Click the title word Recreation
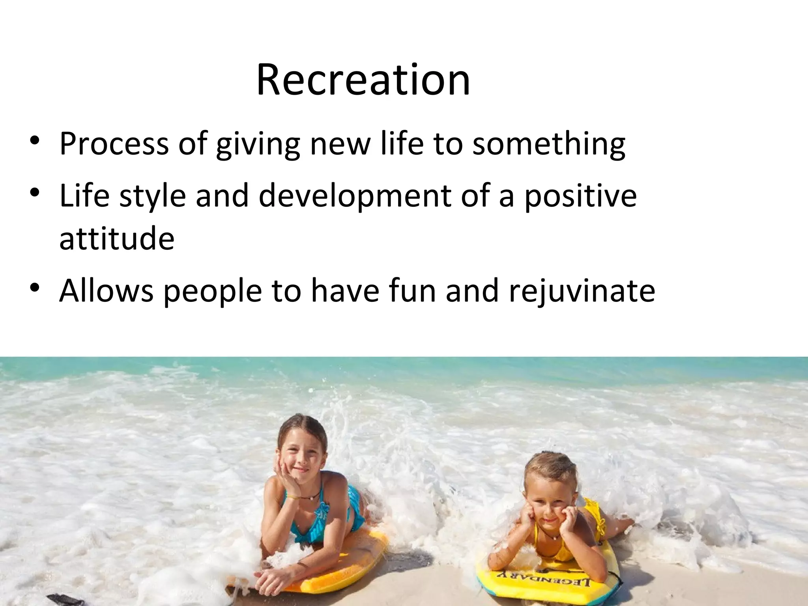(363, 80)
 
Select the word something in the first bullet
(548, 144)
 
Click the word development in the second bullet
(354, 196)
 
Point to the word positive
(580, 196)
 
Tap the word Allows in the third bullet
(106, 290)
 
